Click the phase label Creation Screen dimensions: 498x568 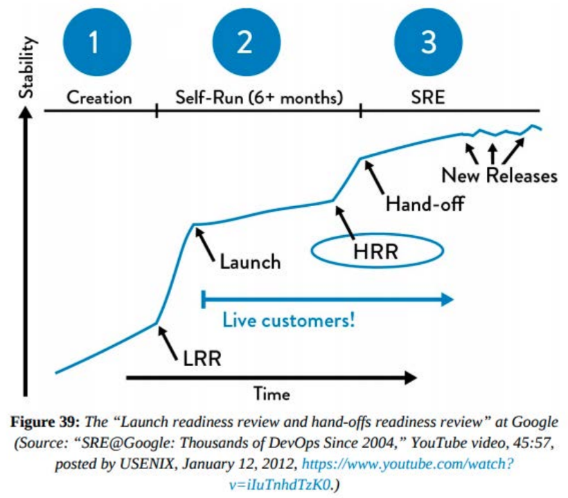99,98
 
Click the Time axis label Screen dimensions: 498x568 272,394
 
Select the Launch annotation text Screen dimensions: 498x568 250,262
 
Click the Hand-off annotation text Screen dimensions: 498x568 425,204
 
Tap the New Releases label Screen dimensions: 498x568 499,175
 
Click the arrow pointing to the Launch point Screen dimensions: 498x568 205,243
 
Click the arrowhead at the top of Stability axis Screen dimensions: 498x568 26,116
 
